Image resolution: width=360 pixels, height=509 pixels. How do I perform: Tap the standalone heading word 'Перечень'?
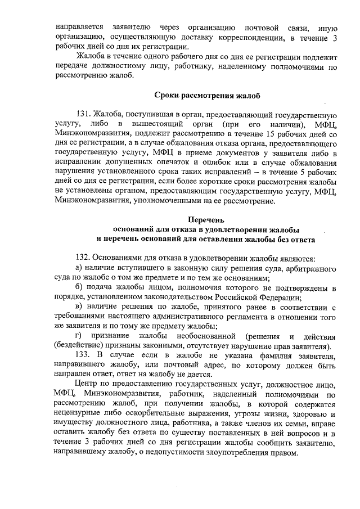[205, 219]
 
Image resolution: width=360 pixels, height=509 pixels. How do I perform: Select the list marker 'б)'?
[79, 287]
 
